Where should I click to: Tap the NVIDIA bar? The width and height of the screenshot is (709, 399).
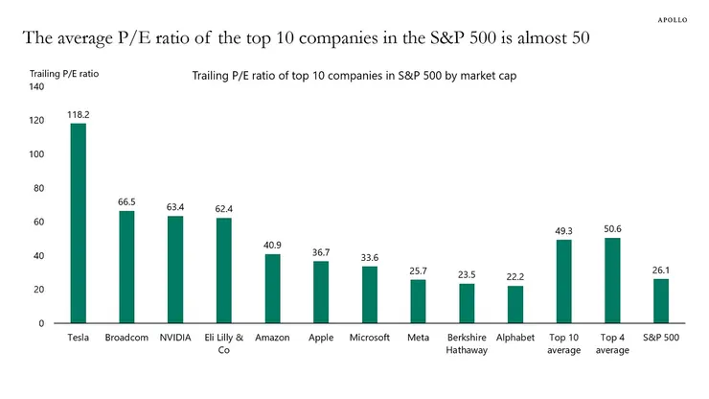point(175,270)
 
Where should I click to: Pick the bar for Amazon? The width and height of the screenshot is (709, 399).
point(273,289)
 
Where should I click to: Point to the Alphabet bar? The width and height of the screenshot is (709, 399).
point(515,304)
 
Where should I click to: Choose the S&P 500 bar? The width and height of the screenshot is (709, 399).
point(661,301)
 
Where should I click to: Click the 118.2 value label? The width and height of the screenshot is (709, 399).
point(78,114)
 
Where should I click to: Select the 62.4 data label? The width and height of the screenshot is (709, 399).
point(224,208)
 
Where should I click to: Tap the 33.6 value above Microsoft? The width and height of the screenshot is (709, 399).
point(370,257)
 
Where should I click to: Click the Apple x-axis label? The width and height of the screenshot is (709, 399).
point(321,338)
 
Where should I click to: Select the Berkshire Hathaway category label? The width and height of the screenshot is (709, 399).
point(467,343)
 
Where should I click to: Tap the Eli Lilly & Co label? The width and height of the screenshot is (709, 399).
point(224,343)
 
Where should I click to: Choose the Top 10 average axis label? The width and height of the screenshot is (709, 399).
point(564,343)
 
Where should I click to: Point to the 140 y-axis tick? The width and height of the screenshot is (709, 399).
point(37,87)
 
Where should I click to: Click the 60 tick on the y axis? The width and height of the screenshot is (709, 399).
point(40,223)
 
